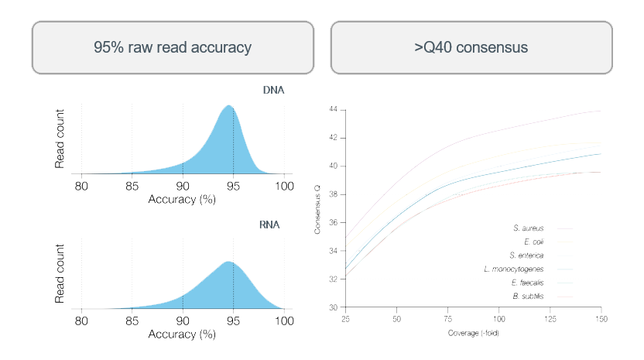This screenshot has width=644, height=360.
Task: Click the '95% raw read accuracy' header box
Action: click(172, 47)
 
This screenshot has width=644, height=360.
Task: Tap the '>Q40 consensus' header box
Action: click(471, 47)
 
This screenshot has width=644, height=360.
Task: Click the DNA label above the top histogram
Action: click(273, 90)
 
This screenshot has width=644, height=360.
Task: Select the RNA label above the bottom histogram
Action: click(269, 226)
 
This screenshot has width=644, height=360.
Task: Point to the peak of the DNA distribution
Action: click(228, 106)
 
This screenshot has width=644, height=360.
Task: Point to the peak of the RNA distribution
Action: click(228, 262)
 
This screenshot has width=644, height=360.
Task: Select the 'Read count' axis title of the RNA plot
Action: click(60, 274)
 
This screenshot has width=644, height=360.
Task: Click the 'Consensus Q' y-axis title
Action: click(318, 209)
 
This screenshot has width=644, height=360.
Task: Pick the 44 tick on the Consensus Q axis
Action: click(333, 110)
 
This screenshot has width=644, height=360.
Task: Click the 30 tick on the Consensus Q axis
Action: click(333, 307)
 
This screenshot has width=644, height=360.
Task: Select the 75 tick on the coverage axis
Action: click(448, 319)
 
